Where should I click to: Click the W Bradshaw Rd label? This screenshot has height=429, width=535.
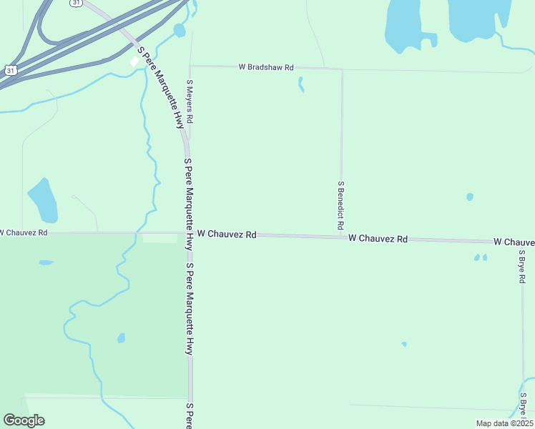[266, 67]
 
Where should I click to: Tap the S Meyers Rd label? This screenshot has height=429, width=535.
[190, 101]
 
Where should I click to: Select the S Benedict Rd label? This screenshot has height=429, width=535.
[341, 204]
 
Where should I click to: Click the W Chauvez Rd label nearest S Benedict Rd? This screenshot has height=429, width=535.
[378, 238]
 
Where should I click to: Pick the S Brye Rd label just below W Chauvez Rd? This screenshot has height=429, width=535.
[522, 266]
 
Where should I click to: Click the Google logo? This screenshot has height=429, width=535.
[24, 420]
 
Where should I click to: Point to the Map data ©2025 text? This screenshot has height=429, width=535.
[504, 423]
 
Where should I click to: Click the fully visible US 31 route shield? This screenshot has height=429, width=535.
[9, 71]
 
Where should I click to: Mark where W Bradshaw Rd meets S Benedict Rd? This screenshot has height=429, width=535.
[342, 69]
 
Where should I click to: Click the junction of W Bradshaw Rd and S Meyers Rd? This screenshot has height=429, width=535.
[190, 66]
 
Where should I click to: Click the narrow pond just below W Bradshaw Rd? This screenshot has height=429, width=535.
[300, 84]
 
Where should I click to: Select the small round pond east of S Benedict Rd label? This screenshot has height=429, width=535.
[469, 197]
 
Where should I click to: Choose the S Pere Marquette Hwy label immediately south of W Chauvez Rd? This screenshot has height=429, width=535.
[190, 309]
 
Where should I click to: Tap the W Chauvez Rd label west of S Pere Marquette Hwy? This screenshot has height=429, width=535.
[24, 232]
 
